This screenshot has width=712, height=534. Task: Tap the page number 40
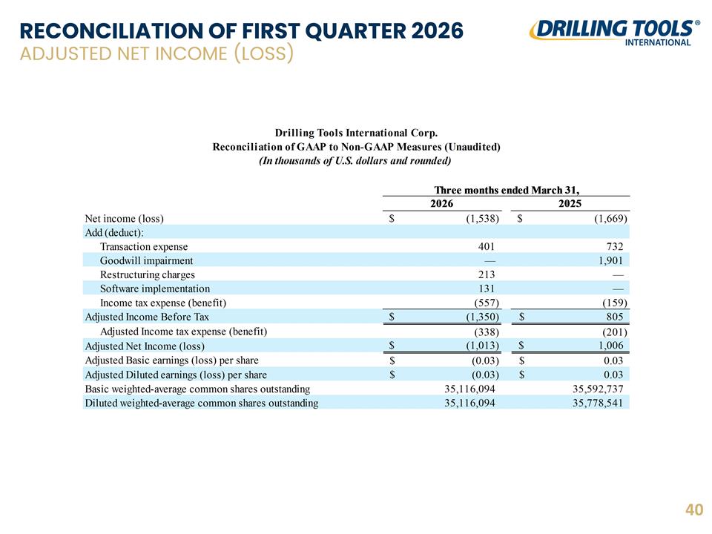click(x=694, y=510)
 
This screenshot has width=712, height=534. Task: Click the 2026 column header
click(x=441, y=203)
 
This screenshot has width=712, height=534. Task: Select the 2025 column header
click(x=570, y=203)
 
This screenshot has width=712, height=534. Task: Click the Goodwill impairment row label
click(x=146, y=260)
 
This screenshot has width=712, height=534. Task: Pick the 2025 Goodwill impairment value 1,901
click(x=610, y=260)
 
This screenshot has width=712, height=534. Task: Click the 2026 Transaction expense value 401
click(x=486, y=246)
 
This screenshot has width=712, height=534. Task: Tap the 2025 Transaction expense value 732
click(x=615, y=246)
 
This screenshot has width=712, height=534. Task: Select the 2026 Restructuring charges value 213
click(x=487, y=274)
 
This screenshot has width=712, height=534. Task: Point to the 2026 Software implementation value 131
click(x=487, y=289)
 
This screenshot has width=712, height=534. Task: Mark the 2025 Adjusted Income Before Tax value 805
click(x=615, y=317)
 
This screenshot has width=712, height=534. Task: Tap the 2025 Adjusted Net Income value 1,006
click(x=610, y=345)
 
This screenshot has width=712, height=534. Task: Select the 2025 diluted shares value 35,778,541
click(x=598, y=403)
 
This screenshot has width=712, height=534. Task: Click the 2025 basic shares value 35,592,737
click(x=598, y=389)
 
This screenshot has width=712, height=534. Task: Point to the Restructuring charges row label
click(x=147, y=274)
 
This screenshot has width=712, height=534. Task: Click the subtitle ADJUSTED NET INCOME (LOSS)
click(x=156, y=53)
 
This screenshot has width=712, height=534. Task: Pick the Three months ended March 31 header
click(x=507, y=190)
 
